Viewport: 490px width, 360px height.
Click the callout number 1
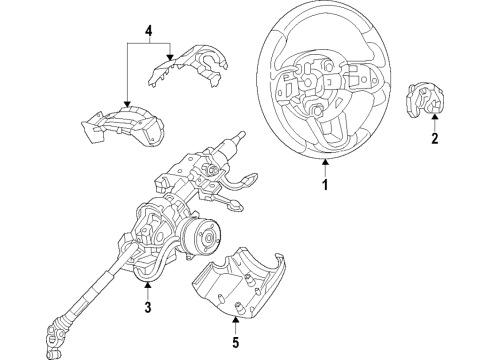[x=323, y=184]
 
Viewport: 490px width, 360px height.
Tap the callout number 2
[x=434, y=139]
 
